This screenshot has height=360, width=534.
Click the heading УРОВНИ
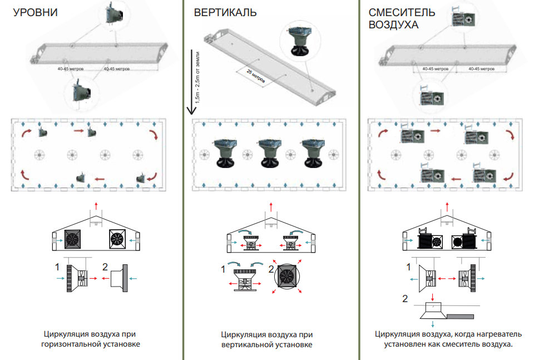pyautogui.click(x=36, y=12)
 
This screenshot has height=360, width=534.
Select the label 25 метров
pyautogui.click(x=256, y=76)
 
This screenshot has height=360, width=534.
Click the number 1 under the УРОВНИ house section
pyautogui.click(x=57, y=267)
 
